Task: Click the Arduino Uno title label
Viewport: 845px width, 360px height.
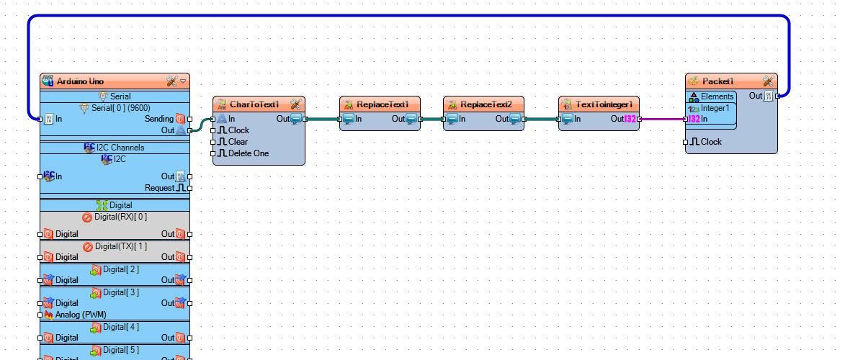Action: point(79,81)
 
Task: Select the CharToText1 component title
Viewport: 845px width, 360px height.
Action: point(254,104)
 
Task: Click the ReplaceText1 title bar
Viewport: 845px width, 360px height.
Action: point(383,104)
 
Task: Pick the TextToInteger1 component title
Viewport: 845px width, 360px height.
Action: point(604,104)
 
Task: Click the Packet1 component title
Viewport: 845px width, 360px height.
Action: point(717,81)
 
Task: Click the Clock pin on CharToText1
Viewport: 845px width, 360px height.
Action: point(238,130)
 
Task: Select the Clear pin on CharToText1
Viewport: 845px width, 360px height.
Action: point(238,142)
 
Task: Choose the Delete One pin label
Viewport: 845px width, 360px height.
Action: point(248,153)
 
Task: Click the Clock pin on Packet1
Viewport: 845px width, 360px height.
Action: point(710,142)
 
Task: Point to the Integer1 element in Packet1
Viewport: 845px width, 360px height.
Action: point(715,108)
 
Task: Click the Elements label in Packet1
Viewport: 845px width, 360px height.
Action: point(717,96)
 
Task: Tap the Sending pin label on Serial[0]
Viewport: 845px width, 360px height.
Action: point(159,119)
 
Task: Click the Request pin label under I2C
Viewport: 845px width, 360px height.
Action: point(159,188)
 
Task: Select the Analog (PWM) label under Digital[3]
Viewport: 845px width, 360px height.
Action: point(80,315)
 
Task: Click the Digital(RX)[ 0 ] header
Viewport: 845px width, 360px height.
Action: point(120,217)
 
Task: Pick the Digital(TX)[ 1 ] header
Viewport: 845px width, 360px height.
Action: point(120,246)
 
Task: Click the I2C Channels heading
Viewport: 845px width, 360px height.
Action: point(120,148)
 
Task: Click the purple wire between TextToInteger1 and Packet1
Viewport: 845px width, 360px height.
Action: point(661,120)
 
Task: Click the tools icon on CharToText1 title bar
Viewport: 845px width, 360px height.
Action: point(295,104)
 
